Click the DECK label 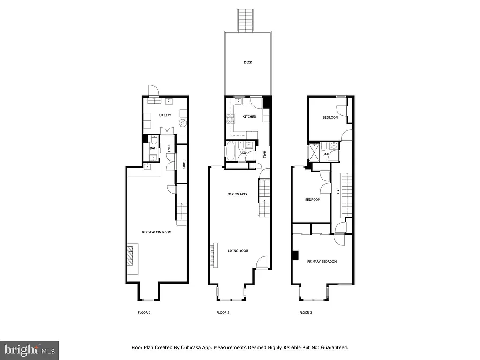[x=248, y=62]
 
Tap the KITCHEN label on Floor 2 [x=249, y=116]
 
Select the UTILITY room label [x=165, y=115]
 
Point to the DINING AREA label [x=237, y=194]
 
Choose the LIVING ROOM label [x=238, y=251]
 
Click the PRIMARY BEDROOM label [x=322, y=261]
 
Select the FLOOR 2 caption [x=223, y=312]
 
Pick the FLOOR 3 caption [x=306, y=312]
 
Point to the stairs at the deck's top [x=246, y=21]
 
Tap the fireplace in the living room [x=214, y=255]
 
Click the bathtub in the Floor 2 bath [x=231, y=152]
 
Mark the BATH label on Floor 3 [x=326, y=154]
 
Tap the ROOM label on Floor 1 [x=184, y=164]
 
